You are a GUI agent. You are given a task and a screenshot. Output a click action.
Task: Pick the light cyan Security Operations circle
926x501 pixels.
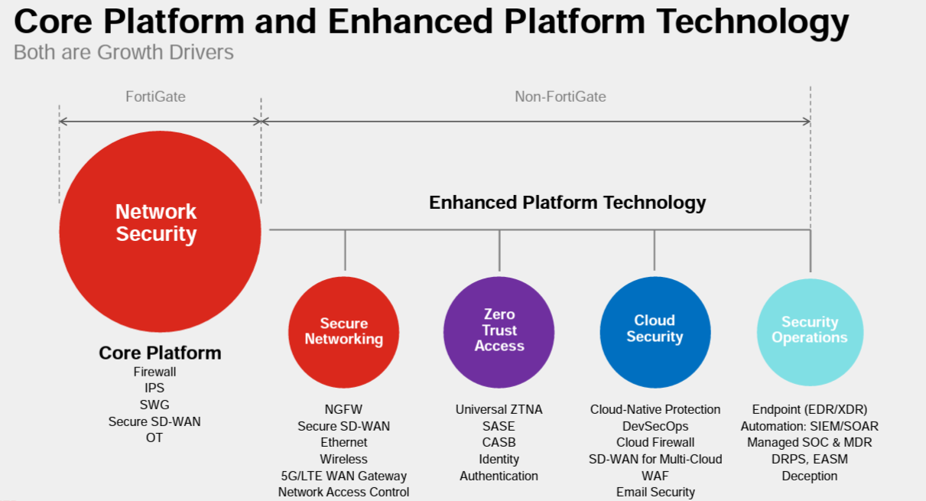pyautogui.click(x=809, y=330)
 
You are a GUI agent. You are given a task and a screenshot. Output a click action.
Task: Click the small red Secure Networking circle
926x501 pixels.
pyautogui.click(x=344, y=331)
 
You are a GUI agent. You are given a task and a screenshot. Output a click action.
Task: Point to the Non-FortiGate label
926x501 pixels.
pyautogui.click(x=560, y=96)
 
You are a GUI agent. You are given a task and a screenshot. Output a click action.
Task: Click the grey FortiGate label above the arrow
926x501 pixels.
pyautogui.click(x=155, y=96)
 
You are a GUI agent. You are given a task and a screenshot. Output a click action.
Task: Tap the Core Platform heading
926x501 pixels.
pyautogui.click(x=160, y=353)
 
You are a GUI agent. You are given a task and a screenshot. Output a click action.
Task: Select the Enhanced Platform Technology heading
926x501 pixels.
pyautogui.click(x=567, y=203)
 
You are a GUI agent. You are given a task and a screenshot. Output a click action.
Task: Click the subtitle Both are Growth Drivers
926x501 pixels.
pyautogui.click(x=124, y=53)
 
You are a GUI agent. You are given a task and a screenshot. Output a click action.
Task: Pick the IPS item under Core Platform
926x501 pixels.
pyautogui.click(x=154, y=388)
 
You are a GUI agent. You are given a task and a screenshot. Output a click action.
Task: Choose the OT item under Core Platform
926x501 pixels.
pyautogui.click(x=154, y=438)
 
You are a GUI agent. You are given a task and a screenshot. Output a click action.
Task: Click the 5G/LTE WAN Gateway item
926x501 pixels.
pyautogui.click(x=343, y=476)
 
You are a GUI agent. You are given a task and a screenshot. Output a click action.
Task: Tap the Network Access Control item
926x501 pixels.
pyautogui.click(x=343, y=492)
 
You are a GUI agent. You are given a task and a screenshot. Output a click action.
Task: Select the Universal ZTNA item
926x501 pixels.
pyautogui.click(x=499, y=409)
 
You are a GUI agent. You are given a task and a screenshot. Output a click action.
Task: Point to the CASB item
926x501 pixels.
pyautogui.click(x=499, y=442)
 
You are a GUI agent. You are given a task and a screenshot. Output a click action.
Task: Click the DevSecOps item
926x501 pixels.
pyautogui.click(x=655, y=426)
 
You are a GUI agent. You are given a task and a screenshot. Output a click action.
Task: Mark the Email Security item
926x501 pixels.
pyautogui.click(x=655, y=492)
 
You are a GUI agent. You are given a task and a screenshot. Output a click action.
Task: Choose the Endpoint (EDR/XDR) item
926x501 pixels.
pyautogui.click(x=809, y=409)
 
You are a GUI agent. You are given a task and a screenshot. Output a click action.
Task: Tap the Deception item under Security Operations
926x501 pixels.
pyautogui.click(x=809, y=476)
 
